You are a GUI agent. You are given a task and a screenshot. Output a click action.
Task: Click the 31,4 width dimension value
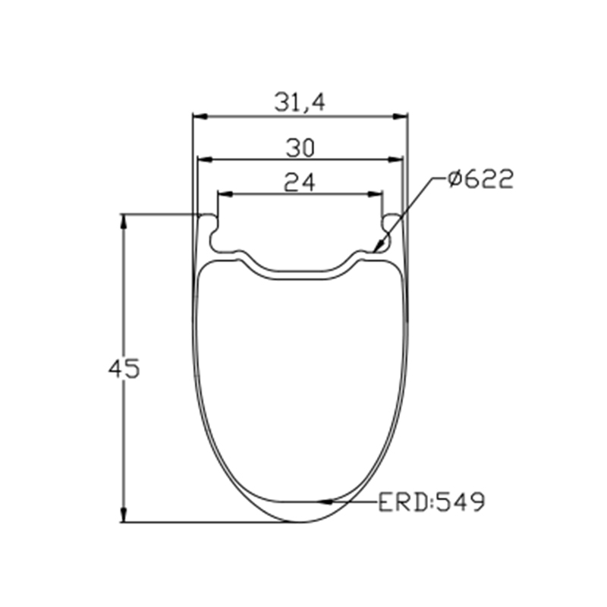tap(300, 103)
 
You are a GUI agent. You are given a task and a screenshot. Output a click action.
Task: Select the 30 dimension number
tap(300, 148)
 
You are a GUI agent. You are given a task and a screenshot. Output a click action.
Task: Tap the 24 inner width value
tap(299, 182)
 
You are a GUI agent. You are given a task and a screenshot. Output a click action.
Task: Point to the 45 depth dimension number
tap(124, 369)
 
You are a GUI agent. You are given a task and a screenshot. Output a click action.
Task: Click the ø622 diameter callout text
tap(480, 179)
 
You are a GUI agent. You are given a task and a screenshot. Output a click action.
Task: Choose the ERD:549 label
tap(431, 502)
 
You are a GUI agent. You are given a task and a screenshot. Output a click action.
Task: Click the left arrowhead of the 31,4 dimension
tap(201, 117)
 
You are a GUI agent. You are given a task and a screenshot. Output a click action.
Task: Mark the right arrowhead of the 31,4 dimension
tap(400, 117)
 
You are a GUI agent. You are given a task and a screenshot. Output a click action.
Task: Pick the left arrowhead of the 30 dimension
tap(205, 159)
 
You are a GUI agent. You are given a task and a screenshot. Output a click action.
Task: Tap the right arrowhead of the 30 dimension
tap(395, 159)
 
